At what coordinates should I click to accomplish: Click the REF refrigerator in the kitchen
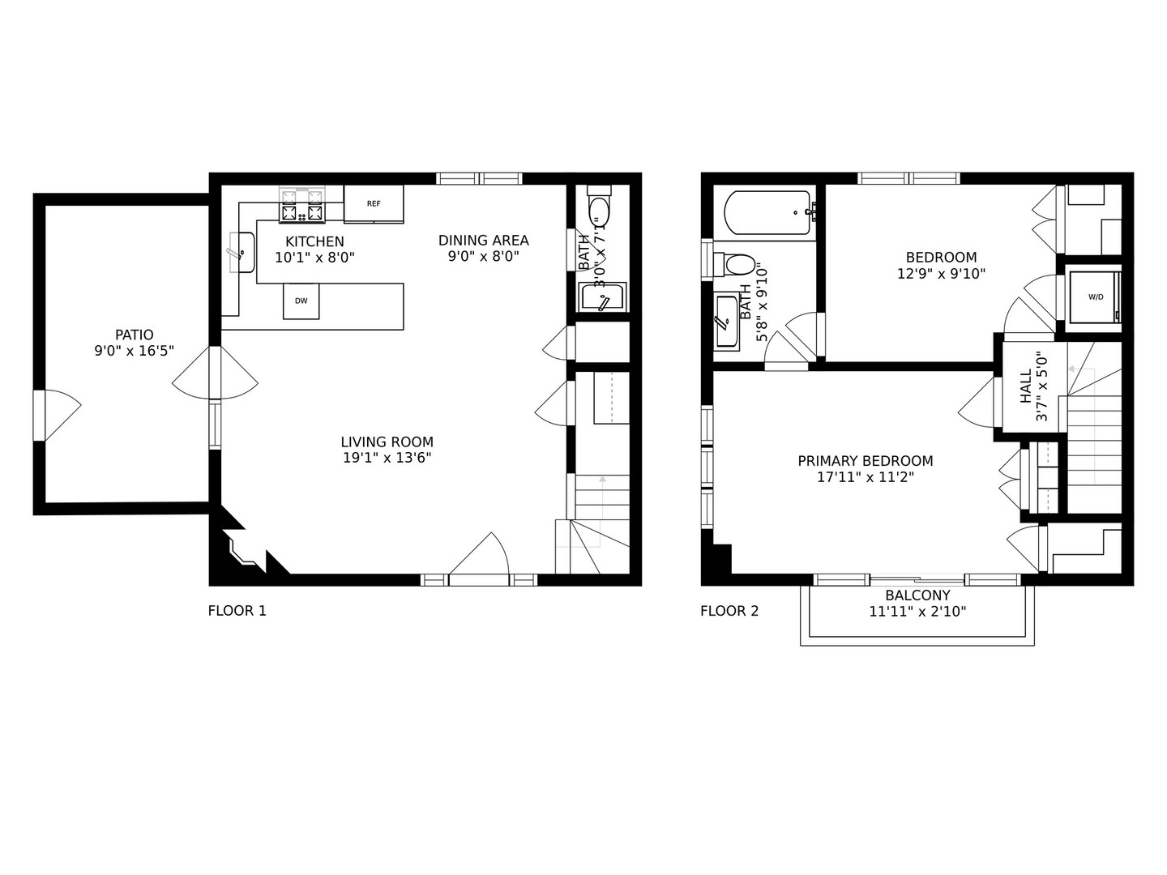click(374, 203)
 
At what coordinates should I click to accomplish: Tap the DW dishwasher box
click(301, 301)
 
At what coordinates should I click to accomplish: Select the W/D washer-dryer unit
click(1095, 297)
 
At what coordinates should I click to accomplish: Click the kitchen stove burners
click(301, 206)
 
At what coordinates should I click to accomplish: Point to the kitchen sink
click(241, 252)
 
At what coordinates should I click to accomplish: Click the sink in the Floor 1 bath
click(603, 297)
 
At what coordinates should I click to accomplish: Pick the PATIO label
click(135, 335)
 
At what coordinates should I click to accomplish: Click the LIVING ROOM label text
click(387, 442)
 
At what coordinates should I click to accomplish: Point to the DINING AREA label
click(483, 240)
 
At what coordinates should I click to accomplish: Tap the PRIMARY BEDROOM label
click(865, 461)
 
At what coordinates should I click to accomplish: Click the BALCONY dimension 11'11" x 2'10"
click(917, 612)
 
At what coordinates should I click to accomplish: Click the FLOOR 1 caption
click(237, 611)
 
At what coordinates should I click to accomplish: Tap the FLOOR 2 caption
click(729, 611)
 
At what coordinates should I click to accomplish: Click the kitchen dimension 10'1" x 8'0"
click(314, 258)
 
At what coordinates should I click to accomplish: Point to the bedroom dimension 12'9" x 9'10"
click(941, 274)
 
